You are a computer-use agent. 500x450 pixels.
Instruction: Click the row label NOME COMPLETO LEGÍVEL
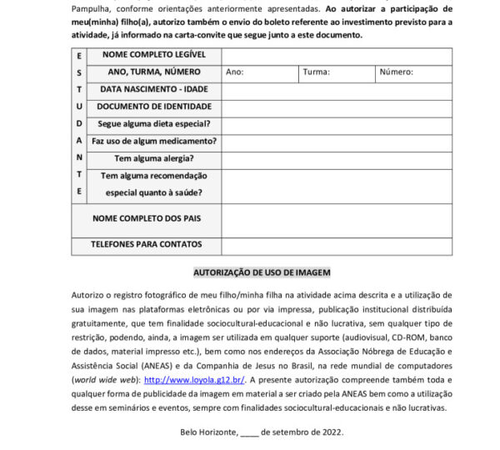(x=153, y=55)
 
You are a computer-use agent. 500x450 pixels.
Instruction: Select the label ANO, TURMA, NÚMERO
(x=153, y=72)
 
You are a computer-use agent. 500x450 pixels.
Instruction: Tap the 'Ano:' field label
(x=234, y=72)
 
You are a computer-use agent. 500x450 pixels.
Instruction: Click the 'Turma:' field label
(x=316, y=72)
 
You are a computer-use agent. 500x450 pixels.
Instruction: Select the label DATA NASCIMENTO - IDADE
(x=153, y=89)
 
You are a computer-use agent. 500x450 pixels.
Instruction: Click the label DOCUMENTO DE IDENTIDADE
(x=153, y=107)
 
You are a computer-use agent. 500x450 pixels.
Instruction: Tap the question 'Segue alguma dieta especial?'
(x=153, y=124)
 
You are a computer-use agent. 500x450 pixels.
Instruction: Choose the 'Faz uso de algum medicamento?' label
(x=153, y=141)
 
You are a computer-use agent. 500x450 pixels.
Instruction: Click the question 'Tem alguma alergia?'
(x=153, y=158)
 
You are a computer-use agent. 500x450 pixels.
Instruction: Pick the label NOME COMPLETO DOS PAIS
(x=153, y=218)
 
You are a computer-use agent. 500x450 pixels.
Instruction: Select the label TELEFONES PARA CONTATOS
(x=153, y=245)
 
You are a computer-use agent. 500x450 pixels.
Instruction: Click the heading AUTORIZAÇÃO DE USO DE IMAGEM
(x=262, y=272)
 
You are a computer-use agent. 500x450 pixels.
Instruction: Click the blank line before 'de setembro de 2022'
(x=249, y=432)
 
